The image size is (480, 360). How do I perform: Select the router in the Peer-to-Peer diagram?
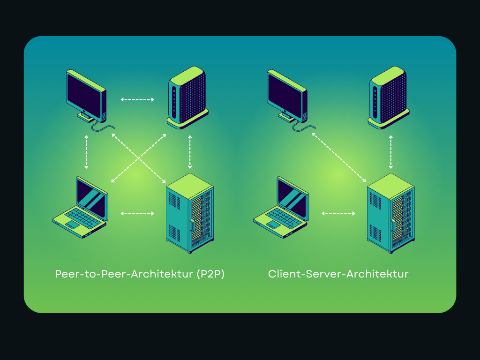188,97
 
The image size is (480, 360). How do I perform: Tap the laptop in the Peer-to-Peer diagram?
80,208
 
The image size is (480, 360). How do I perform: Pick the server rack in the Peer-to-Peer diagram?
190,213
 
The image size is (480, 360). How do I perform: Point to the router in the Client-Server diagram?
389,97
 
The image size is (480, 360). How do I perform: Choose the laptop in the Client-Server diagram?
281,208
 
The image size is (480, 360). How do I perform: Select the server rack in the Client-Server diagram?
390,213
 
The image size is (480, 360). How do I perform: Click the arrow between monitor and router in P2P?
137,99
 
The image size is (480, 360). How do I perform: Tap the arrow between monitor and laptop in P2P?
86,152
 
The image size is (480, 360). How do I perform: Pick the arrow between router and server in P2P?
190,152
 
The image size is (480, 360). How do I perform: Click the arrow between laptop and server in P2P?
137,213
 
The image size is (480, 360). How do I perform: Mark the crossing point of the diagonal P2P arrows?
139,158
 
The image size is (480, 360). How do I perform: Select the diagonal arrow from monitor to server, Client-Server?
339,157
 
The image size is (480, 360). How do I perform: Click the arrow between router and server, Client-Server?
390,152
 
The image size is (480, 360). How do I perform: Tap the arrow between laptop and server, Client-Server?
338,213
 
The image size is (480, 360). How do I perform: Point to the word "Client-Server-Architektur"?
338,274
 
